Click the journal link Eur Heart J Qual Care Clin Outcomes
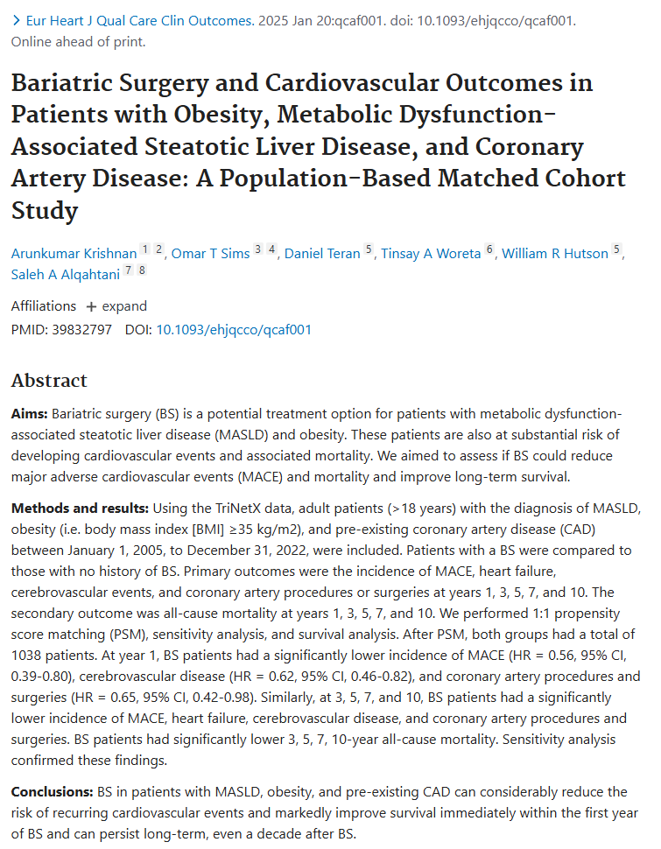[140, 21]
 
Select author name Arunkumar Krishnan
[74, 254]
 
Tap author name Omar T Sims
[210, 254]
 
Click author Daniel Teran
[322, 254]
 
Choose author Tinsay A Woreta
[431, 254]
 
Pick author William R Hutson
[555, 254]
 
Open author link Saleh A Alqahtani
[66, 275]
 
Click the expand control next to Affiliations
[116, 306]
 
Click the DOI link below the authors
[234, 330]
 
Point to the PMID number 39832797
[81, 330]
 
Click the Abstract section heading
[49, 381]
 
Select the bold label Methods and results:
[80, 509]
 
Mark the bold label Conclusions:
[52, 792]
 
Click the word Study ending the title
[45, 211]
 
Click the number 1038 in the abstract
[26, 656]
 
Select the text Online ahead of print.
[79, 42]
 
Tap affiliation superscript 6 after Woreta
[489, 249]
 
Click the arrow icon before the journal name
[17, 21]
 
